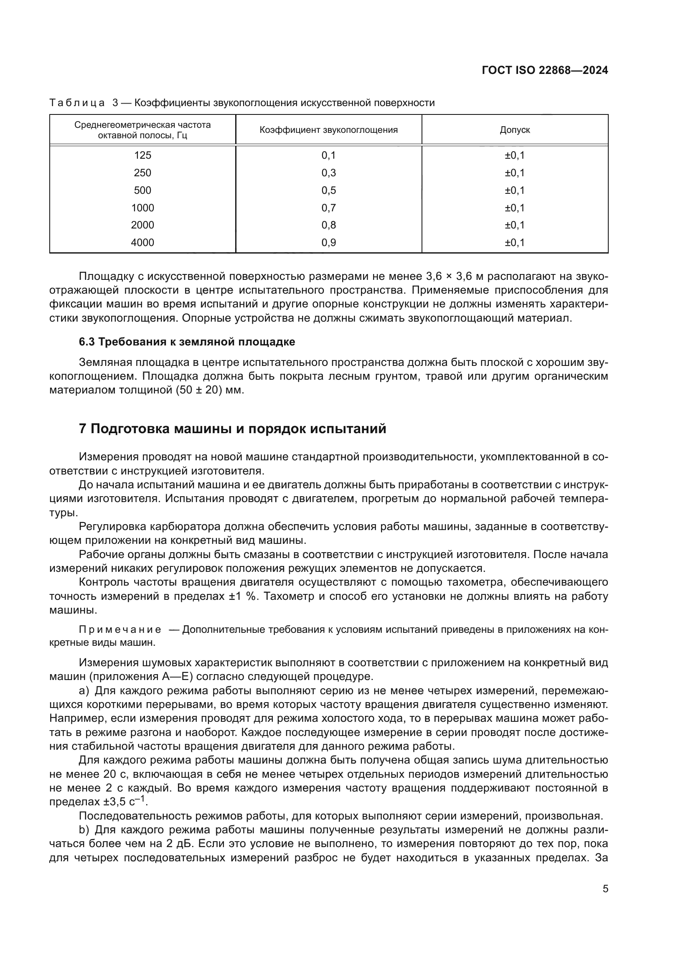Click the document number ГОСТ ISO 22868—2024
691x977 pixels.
pyautogui.click(x=545, y=71)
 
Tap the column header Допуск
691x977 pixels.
pyautogui.click(x=514, y=130)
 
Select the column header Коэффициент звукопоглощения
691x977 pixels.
pyautogui.click(x=328, y=130)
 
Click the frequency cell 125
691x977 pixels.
pyautogui.click(x=142, y=155)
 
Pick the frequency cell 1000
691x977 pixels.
pyautogui.click(x=142, y=208)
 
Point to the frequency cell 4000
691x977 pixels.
pyautogui.click(x=142, y=243)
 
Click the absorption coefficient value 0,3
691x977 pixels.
pyautogui.click(x=328, y=173)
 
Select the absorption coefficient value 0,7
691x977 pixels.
pyautogui.click(x=328, y=208)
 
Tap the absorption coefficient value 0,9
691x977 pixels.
pyautogui.click(x=328, y=243)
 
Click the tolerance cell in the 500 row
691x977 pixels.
pyautogui.click(x=514, y=190)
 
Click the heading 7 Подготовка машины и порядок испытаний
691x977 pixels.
pyautogui.click(x=232, y=429)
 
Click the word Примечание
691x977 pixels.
pyautogui.click(x=120, y=630)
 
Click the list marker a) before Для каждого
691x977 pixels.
pyautogui.click(x=84, y=690)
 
